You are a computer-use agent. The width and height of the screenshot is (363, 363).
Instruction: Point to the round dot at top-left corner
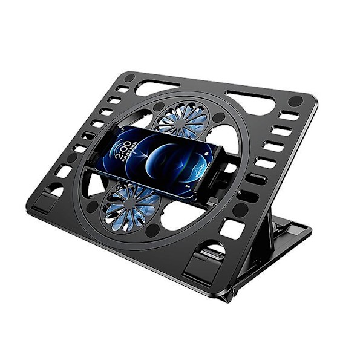coord(129,78)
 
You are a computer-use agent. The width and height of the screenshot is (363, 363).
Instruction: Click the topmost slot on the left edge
coord(123,89)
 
